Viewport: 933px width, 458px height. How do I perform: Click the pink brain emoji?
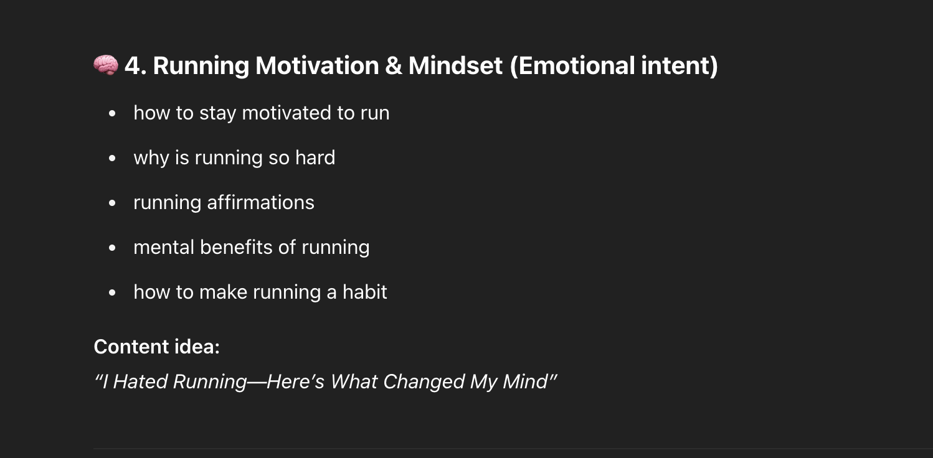(x=106, y=65)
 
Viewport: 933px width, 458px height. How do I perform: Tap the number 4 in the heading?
(x=133, y=66)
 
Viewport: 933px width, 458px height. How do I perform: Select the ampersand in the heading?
(x=393, y=66)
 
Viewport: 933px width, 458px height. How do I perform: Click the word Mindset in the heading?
(x=455, y=66)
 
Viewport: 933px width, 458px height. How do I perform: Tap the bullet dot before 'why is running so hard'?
(x=112, y=158)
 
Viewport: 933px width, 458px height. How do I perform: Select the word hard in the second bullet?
(x=315, y=157)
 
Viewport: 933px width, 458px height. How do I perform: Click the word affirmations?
(x=261, y=203)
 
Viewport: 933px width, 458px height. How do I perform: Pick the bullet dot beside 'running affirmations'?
(x=112, y=203)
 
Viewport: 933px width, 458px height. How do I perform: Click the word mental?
(x=164, y=248)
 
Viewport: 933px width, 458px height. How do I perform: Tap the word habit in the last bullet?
(x=365, y=292)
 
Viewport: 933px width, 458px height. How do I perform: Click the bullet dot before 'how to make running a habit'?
(x=112, y=293)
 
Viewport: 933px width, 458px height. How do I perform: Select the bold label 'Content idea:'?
(x=156, y=347)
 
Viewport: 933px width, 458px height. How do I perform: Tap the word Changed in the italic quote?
(x=424, y=381)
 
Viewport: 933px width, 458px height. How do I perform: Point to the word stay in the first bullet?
(x=218, y=113)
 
